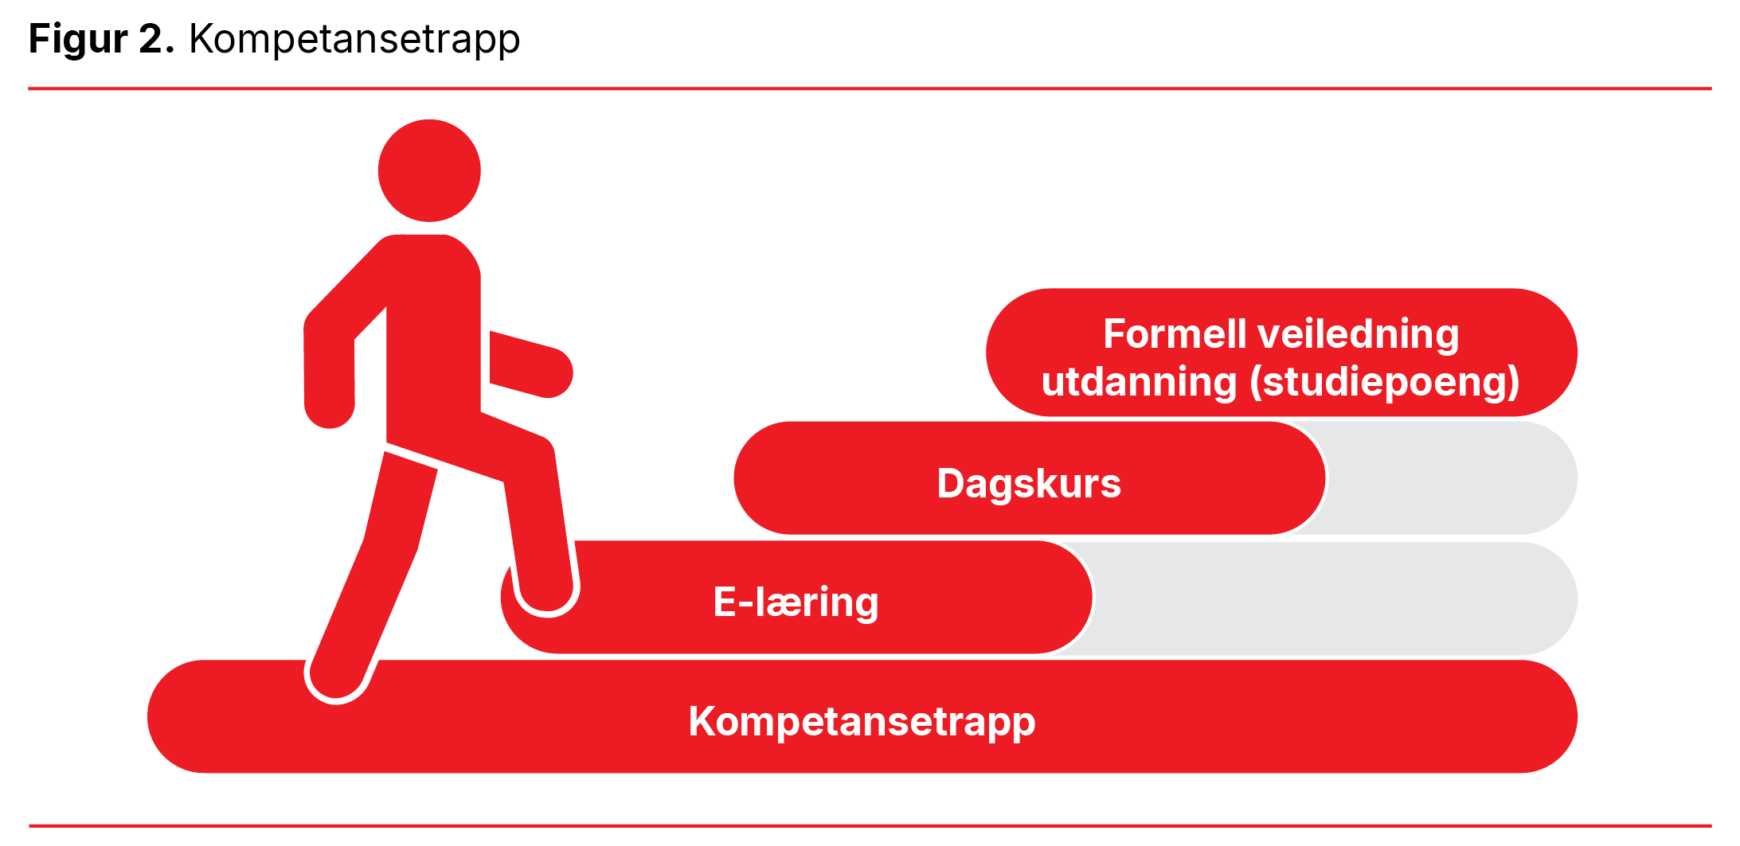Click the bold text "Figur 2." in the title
101,39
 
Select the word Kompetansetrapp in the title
354,39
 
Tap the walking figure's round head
429,170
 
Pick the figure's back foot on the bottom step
337,679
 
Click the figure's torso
433,334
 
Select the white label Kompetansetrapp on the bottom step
862,722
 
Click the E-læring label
796,602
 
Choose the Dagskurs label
1029,484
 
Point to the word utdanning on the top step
1139,382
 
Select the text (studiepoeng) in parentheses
1384,382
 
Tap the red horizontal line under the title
870,88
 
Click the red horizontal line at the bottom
870,826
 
